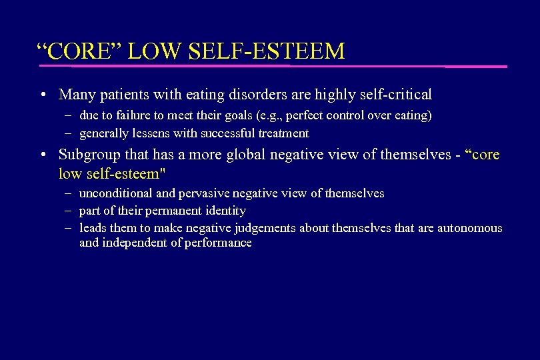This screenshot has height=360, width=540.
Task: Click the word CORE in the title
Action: (x=75, y=51)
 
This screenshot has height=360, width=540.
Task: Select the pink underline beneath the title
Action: (x=273, y=66)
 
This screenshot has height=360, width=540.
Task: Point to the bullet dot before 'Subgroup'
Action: (x=42, y=154)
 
